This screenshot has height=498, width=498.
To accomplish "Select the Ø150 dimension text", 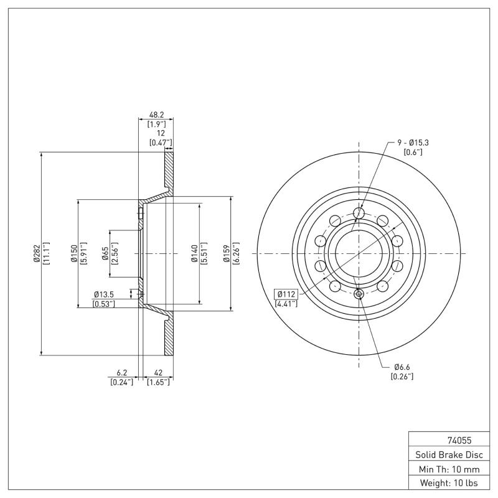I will pos(73,253).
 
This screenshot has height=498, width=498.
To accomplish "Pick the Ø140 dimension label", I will pos(194,253).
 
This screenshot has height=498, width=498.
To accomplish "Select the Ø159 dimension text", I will pos(227,253).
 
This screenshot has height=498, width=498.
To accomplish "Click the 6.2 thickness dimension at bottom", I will pos(122,374).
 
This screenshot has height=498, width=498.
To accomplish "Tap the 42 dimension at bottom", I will pos(158,374).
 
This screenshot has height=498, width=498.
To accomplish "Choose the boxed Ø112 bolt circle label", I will pos(286,294).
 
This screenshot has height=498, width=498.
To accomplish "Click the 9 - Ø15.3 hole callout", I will pos(413,143).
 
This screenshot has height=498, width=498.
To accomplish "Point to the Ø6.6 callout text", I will pos(402,367).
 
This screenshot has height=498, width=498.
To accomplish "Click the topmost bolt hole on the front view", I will pos(359,214).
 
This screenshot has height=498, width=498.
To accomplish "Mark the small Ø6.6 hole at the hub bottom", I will pos(359,294).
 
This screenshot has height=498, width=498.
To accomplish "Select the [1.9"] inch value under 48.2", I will pos(156,125).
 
